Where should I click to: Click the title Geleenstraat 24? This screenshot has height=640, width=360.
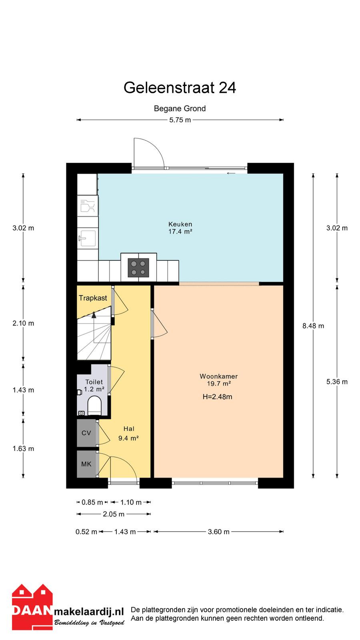click(180, 88)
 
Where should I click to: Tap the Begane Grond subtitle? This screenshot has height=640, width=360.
click(180, 108)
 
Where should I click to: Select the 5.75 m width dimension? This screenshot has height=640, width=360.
click(180, 120)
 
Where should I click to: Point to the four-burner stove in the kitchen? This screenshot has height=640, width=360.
click(138, 268)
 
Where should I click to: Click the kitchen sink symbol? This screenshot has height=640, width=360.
click(87, 238)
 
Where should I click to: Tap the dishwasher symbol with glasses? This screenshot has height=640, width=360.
click(88, 206)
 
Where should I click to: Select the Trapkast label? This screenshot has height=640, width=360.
click(93, 298)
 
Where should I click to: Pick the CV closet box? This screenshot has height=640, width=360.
click(86, 433)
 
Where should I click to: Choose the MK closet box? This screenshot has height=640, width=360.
click(86, 464)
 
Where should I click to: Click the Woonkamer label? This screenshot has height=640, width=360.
click(218, 376)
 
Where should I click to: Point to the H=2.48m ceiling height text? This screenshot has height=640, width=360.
click(218, 396)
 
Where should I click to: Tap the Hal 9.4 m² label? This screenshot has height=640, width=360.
click(128, 434)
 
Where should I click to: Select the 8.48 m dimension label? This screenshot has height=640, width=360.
click(314, 326)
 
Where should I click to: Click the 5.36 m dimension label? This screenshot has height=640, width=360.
click(337, 382)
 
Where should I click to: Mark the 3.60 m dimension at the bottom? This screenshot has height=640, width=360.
click(218, 532)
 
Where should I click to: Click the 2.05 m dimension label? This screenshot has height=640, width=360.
click(114, 514)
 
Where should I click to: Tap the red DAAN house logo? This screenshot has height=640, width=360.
click(32, 606)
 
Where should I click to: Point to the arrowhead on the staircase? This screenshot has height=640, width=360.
click(94, 315)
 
